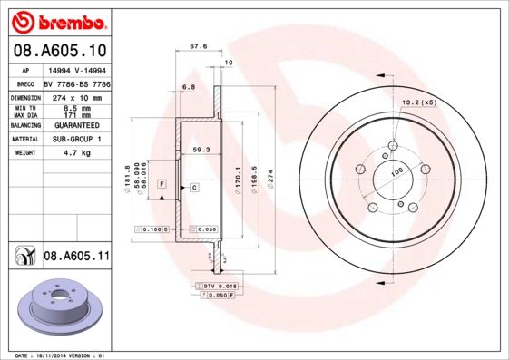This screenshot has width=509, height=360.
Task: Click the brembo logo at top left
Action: click(x=58, y=20)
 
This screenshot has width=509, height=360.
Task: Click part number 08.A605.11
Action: click(x=76, y=258)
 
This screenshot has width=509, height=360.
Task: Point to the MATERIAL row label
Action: click(x=24, y=139)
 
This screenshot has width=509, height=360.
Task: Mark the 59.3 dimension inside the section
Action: click(x=201, y=149)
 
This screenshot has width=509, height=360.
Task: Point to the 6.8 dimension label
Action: click(x=189, y=86)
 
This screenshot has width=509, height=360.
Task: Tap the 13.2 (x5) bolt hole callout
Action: click(x=419, y=102)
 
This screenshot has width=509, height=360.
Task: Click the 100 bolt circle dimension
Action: click(x=396, y=171)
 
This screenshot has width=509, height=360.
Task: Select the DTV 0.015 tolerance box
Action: click(x=219, y=286)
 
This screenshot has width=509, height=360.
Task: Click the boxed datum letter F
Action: click(x=162, y=184)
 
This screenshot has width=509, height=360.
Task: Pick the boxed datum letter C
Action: click(x=193, y=187)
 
